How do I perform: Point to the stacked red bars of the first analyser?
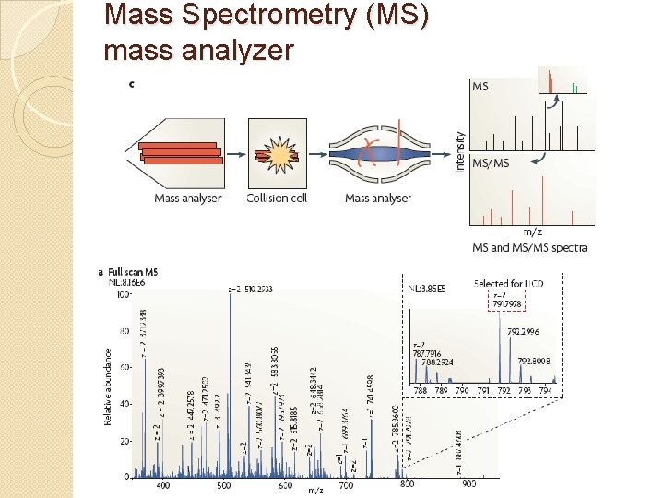[x=182, y=153]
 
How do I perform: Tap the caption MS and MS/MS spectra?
[x=528, y=248]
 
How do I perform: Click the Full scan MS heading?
[x=133, y=272]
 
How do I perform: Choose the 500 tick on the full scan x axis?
[x=224, y=485]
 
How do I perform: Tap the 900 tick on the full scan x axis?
[x=469, y=485]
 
